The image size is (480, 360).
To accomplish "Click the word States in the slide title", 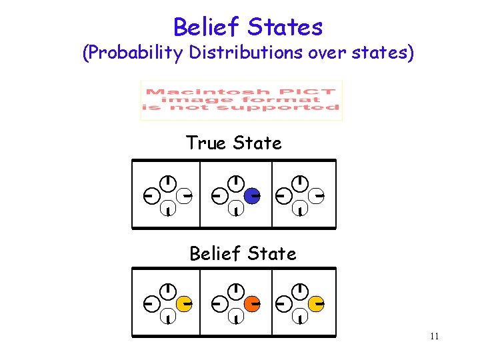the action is (x=285, y=27).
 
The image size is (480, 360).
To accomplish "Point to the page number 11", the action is (x=434, y=336).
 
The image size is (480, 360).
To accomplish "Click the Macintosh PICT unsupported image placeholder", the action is (x=241, y=100).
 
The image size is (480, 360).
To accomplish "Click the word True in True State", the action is (x=205, y=143).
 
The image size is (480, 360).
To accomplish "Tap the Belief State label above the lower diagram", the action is (x=243, y=254).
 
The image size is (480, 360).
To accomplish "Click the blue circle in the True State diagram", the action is (x=251, y=196).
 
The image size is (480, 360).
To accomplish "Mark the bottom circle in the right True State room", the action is (x=301, y=209).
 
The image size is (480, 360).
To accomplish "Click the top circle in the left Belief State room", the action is (x=169, y=291).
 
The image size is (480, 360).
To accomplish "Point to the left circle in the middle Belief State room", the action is (x=219, y=304).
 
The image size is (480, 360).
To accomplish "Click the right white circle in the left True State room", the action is (x=184, y=196).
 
